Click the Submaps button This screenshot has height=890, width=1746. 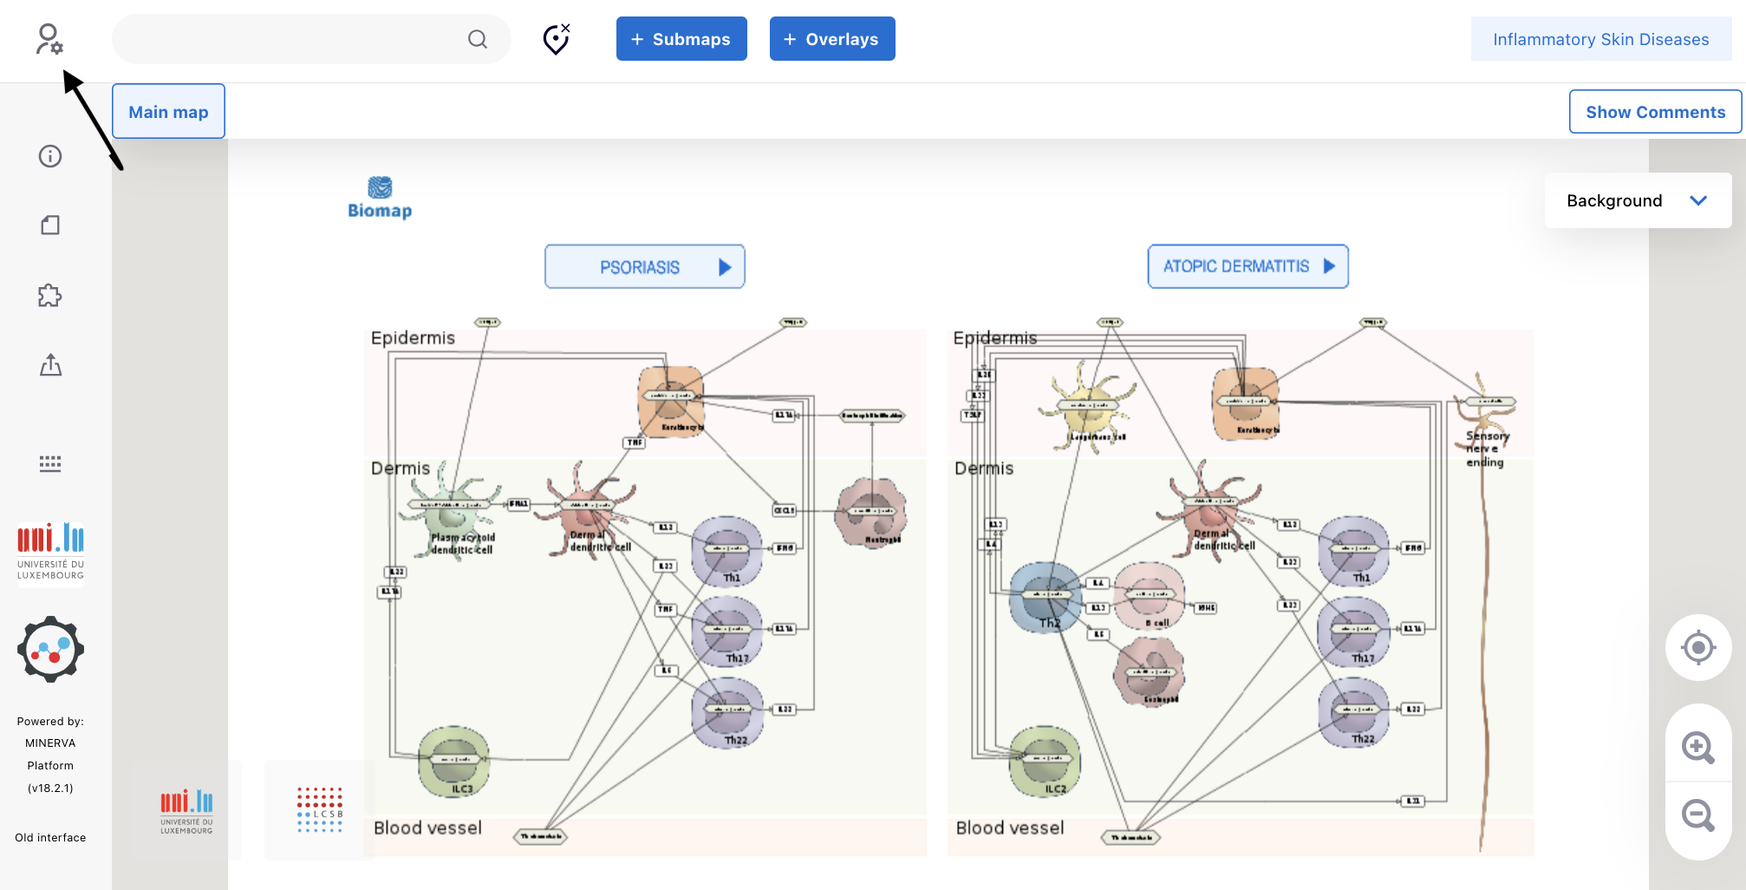681,39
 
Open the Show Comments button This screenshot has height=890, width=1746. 1655,112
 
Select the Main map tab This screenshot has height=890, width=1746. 168,112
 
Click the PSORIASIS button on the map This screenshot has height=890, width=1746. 644,267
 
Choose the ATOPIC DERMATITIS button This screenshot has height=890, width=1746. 1248,266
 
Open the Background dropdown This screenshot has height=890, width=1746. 1637,200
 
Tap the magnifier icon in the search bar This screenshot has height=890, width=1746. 478,39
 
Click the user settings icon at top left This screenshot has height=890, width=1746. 49,39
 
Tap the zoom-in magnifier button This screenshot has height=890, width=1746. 1697,747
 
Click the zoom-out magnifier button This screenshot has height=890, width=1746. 1697,815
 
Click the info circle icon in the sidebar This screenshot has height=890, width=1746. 50,156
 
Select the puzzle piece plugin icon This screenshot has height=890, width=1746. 50,296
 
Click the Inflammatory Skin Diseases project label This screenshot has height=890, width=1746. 1600,39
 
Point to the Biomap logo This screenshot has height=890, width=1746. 380,198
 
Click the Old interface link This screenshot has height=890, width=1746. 50,837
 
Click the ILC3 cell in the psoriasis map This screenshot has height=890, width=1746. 454,760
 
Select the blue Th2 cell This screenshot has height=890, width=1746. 1046,596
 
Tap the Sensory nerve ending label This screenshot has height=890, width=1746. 1486,448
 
